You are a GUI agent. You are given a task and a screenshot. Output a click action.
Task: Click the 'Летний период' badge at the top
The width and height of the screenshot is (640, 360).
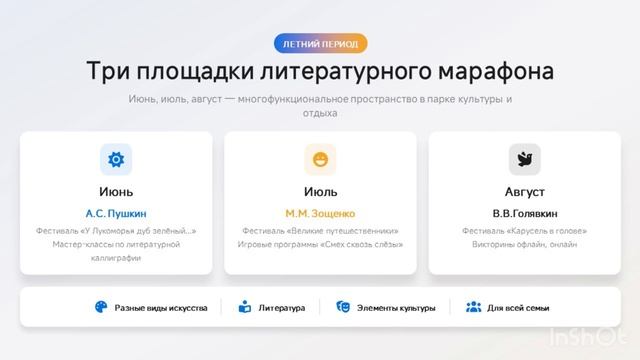[320, 43]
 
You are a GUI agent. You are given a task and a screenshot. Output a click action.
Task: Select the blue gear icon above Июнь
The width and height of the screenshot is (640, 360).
[116, 159]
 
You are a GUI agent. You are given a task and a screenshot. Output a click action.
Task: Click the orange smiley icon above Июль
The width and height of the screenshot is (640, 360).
[320, 159]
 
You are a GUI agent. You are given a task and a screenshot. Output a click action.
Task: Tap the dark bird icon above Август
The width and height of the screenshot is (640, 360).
[524, 159]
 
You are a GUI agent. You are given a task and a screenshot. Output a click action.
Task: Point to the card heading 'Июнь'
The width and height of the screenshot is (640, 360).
[116, 191]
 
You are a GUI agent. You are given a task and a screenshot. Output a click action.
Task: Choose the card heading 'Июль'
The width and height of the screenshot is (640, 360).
[320, 191]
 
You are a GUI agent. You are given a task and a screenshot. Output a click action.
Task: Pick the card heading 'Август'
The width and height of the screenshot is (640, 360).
[524, 191]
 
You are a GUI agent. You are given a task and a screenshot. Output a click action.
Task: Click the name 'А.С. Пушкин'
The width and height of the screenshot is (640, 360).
[116, 213]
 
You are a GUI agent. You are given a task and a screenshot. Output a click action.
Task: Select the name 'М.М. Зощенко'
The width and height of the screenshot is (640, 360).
[320, 213]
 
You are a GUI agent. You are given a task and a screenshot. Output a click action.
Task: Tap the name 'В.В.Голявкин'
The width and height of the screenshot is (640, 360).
[524, 213]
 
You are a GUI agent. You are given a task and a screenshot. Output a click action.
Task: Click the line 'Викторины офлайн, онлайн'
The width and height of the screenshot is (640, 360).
[524, 244]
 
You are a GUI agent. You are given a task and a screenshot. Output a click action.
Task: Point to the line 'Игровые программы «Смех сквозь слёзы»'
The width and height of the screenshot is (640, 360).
[320, 244]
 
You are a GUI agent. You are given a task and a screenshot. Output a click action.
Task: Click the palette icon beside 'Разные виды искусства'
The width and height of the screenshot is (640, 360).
[101, 308]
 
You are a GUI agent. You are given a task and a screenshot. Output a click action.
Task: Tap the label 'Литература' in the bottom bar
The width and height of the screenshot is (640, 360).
[282, 308]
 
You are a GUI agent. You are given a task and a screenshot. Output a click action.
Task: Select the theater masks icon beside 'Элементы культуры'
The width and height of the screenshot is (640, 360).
[343, 308]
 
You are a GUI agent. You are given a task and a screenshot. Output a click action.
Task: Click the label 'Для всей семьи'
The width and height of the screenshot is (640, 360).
[518, 308]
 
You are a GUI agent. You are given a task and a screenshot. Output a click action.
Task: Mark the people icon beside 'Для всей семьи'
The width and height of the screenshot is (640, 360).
[474, 308]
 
